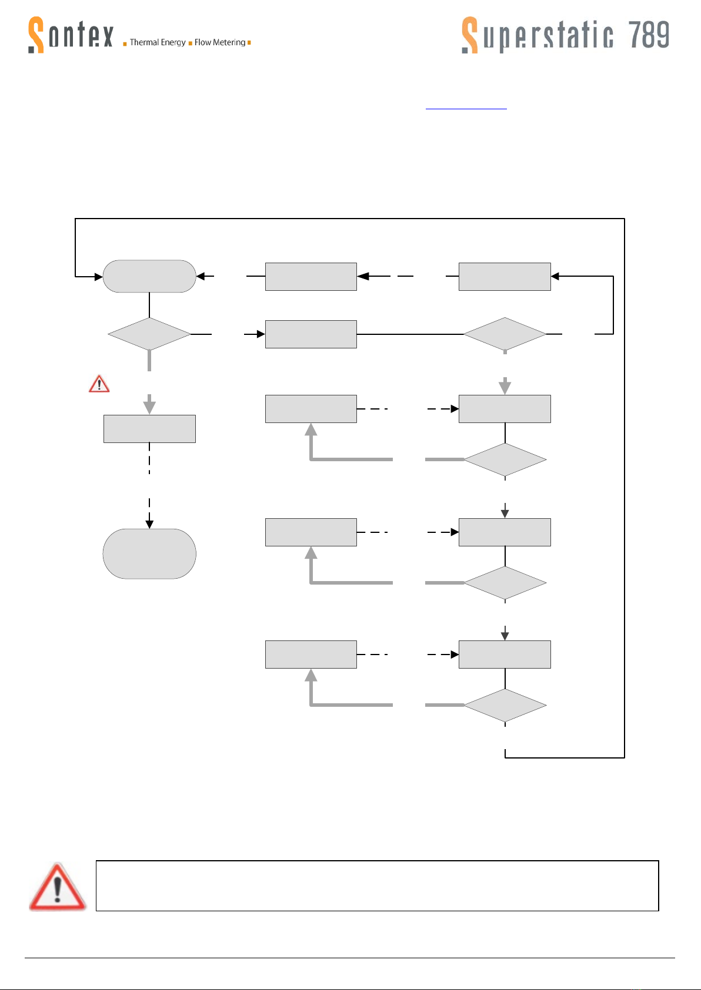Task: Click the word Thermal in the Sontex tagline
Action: click(144, 42)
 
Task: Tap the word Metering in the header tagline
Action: click(229, 42)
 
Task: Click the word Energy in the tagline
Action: click(173, 43)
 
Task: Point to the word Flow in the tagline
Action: click(203, 42)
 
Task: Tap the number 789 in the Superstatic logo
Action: click(649, 35)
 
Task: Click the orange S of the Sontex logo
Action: click(36, 35)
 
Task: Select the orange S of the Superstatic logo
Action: click(470, 35)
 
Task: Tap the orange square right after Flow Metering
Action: click(249, 42)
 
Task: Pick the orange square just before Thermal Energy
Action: click(125, 43)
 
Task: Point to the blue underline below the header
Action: click(466, 108)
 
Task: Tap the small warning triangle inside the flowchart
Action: click(99, 384)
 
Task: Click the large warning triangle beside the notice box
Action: click(58, 887)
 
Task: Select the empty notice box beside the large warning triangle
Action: click(377, 885)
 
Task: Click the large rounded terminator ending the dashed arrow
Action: click(149, 554)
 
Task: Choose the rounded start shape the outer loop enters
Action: click(149, 276)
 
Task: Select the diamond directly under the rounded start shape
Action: click(149, 334)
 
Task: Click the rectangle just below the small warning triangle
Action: click(149, 429)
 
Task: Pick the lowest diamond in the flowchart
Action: click(505, 706)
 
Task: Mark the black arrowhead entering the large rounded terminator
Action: click(149, 524)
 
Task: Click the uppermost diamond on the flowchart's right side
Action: click(505, 334)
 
